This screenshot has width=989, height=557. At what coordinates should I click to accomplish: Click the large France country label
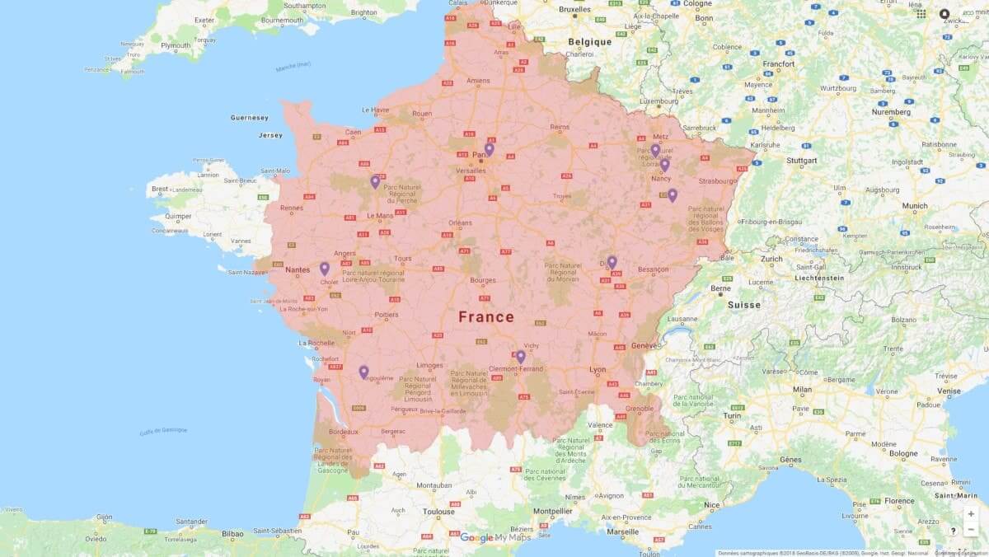[x=486, y=317]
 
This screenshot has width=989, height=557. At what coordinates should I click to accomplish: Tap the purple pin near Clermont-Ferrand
[x=521, y=357]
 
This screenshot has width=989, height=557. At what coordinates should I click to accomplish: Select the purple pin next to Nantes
[x=325, y=269]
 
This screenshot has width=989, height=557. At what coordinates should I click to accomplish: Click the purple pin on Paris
[x=489, y=149]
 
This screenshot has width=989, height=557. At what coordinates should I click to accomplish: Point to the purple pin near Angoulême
[x=363, y=372]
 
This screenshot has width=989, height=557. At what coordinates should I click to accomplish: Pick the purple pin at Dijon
[x=612, y=262]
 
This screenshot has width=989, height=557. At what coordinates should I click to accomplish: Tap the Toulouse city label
[x=438, y=511]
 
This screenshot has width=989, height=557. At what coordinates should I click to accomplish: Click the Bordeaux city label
[x=343, y=432]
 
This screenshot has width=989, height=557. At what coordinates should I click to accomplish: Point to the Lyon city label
[x=598, y=370]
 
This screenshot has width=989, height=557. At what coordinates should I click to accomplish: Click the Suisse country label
[x=744, y=305]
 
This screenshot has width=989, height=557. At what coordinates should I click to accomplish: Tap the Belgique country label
[x=589, y=42]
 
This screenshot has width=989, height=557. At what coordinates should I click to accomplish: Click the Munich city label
[x=915, y=206]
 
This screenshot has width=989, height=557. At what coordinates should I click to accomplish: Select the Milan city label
[x=802, y=390]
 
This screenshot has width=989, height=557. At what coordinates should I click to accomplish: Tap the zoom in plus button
[x=971, y=514]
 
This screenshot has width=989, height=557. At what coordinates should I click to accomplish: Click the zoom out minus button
[x=971, y=530]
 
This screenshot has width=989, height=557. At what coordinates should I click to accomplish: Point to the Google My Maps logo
[x=495, y=538]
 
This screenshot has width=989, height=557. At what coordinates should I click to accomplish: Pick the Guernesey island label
[x=250, y=118]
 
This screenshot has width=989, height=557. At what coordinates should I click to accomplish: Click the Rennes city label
[x=292, y=208]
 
